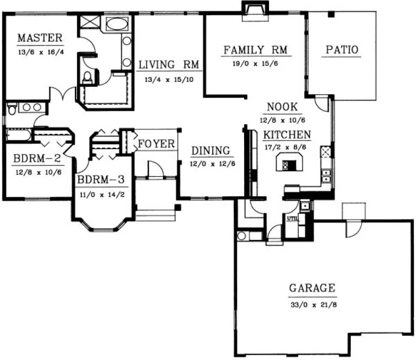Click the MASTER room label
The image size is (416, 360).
[x=40, y=38]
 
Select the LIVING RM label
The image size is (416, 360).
[x=169, y=65]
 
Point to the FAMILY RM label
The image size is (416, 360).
[x=254, y=50]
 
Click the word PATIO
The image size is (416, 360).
[x=342, y=50]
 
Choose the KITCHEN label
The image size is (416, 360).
[x=287, y=134]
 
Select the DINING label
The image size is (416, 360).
[x=210, y=151]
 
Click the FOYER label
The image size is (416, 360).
[x=156, y=144]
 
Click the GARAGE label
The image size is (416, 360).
[x=311, y=288]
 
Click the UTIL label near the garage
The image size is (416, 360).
[x=292, y=218]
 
